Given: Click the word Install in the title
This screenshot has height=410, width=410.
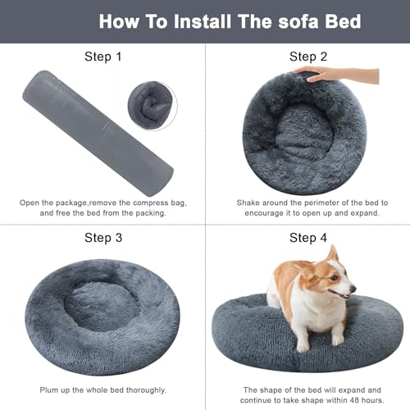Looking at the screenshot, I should pos(206,20).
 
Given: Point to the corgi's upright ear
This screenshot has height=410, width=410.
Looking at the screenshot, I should pos(330,254).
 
